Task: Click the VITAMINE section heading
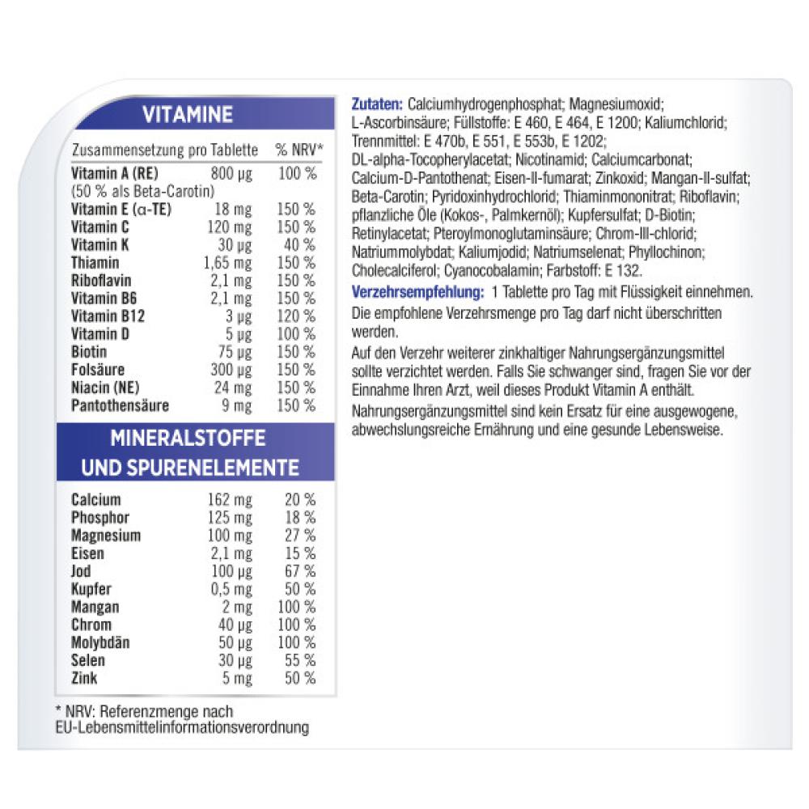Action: click(x=187, y=115)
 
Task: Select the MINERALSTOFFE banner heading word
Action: click(x=188, y=438)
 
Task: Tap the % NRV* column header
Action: click(x=299, y=150)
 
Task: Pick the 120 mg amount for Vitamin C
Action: click(x=230, y=227)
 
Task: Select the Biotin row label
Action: click(x=89, y=352)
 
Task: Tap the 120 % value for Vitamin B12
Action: click(x=296, y=316)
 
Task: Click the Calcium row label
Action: click(x=95, y=500)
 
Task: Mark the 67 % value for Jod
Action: click(x=299, y=571)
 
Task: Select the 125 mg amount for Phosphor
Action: click(x=230, y=518)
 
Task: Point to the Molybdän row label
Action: click(x=100, y=642)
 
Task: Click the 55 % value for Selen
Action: click(x=299, y=660)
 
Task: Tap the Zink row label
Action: click(x=84, y=678)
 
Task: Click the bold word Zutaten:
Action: click(x=378, y=104)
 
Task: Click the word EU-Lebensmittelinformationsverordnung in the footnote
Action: click(x=182, y=727)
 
